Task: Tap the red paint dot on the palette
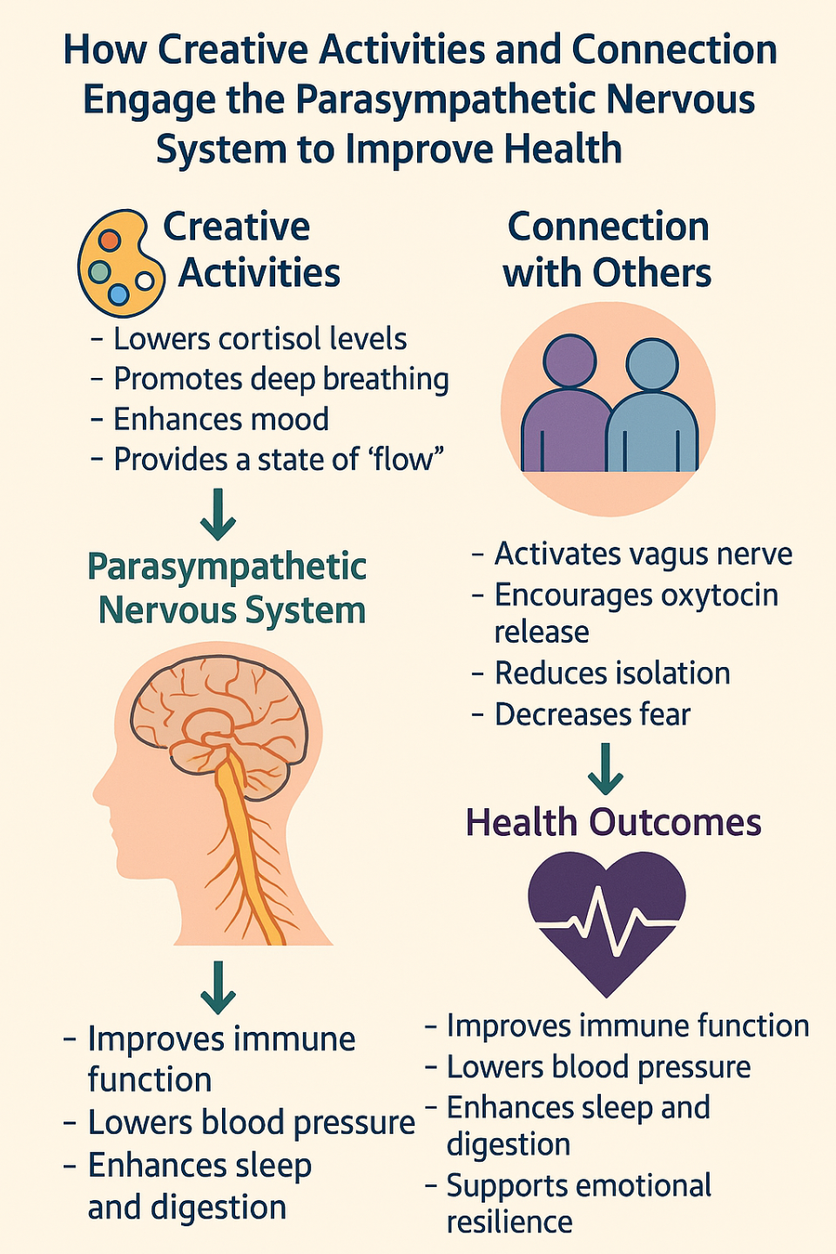click(x=110, y=239)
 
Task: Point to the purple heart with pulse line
click(x=607, y=919)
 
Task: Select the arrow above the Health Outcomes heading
click(x=605, y=768)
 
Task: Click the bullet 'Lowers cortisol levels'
click(x=260, y=339)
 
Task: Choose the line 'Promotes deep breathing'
click(x=280, y=379)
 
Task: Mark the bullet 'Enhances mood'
click(x=221, y=419)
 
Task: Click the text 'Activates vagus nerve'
click(x=643, y=554)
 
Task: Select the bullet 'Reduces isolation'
click(x=611, y=673)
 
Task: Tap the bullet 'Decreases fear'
click(x=592, y=714)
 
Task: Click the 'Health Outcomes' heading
click(x=613, y=822)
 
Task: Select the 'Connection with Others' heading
click(x=608, y=250)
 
